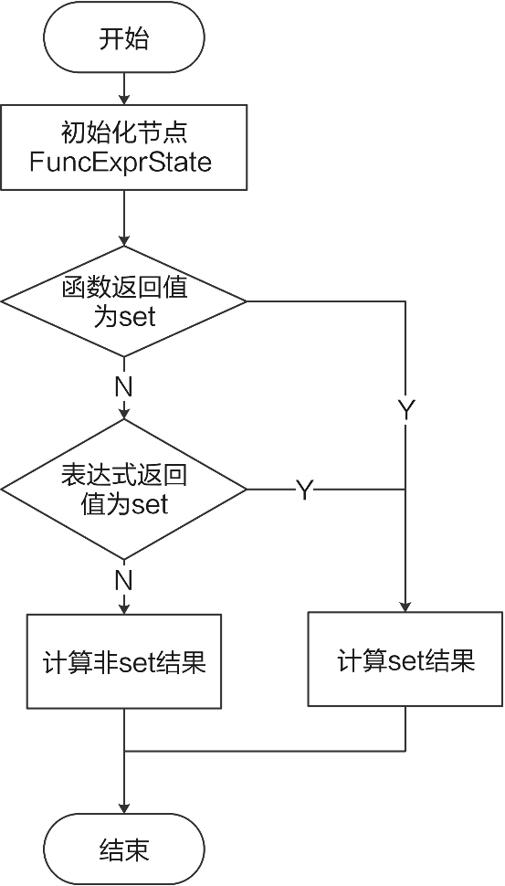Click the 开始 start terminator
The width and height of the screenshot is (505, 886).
124,38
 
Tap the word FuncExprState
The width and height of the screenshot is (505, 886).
121,163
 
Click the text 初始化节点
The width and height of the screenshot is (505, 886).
124,132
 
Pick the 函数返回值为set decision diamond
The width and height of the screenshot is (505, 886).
124,301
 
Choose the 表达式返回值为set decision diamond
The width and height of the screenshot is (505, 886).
124,489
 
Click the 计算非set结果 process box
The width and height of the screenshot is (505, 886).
124,661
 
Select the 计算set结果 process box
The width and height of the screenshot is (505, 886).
405,659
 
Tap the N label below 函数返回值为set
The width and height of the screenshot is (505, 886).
123,387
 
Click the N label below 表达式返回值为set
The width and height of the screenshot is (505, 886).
123,579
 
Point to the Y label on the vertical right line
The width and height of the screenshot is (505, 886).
405,411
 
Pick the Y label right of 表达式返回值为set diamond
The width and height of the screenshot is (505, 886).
304,490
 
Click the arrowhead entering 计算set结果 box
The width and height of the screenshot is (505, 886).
405,606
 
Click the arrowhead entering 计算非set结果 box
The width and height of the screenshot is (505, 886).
124,607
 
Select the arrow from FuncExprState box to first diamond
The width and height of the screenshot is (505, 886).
124,219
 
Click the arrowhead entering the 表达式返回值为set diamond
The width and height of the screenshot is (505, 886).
124,414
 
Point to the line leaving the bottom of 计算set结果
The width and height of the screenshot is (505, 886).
405,728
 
